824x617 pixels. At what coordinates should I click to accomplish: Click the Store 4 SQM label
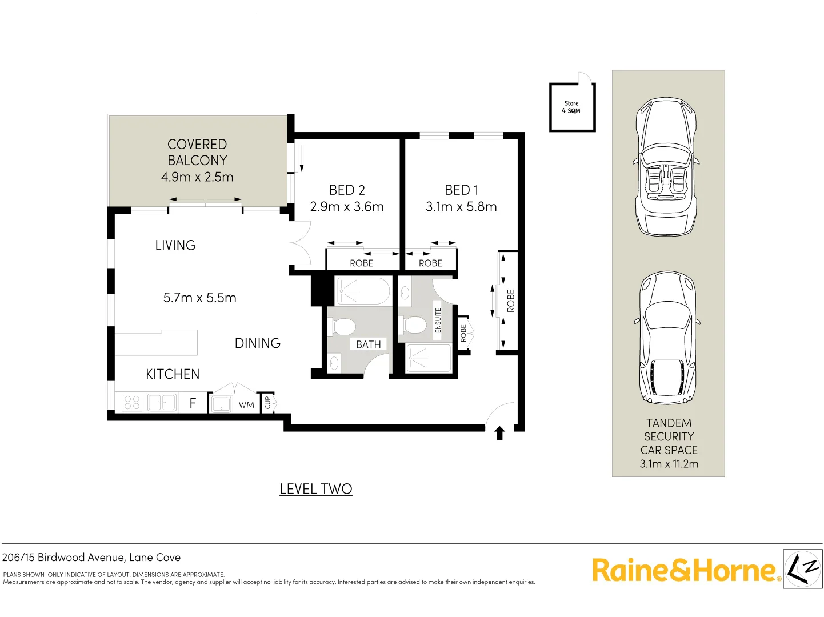571,107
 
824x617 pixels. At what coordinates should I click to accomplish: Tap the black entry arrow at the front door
499,433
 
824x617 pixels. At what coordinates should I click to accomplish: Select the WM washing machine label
246,405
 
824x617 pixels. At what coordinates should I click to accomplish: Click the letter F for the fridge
193,403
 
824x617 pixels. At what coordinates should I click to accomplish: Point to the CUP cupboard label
267,403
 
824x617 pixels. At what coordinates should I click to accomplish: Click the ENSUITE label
438,320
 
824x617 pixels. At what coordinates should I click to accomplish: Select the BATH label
368,344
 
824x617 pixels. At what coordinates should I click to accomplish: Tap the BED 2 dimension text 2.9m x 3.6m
347,207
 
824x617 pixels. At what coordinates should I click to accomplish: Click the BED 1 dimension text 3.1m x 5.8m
461,207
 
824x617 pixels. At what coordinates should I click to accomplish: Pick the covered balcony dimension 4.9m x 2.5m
197,177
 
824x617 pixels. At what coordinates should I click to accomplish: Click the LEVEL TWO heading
316,489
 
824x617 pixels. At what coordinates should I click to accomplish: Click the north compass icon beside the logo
803,568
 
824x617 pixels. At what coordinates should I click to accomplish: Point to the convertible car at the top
666,167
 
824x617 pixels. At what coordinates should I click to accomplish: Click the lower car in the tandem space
667,338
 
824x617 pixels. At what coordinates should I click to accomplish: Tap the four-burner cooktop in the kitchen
132,403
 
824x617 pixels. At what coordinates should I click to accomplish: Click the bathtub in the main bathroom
363,291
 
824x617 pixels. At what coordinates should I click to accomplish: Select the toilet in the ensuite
414,324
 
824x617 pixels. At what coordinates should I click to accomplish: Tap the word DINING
258,343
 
